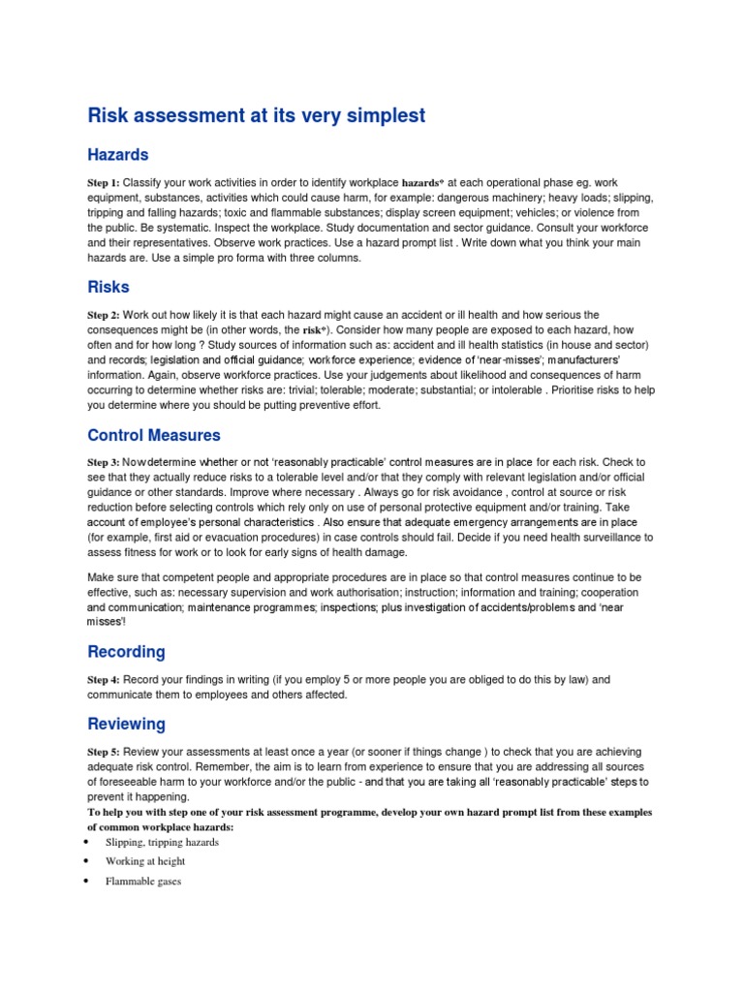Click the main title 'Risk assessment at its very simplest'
(x=256, y=115)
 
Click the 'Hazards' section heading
(x=117, y=155)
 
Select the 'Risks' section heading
(x=108, y=288)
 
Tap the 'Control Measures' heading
(x=154, y=435)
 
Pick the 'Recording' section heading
(x=126, y=651)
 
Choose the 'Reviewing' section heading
(x=126, y=724)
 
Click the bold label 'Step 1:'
(x=104, y=183)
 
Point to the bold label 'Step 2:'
(x=104, y=316)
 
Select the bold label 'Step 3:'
(x=104, y=463)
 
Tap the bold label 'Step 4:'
(x=104, y=680)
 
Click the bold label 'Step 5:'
(x=104, y=753)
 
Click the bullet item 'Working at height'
(x=145, y=861)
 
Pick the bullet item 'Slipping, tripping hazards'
(x=162, y=842)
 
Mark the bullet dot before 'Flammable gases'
(x=86, y=882)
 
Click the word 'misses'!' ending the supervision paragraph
(x=107, y=621)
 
